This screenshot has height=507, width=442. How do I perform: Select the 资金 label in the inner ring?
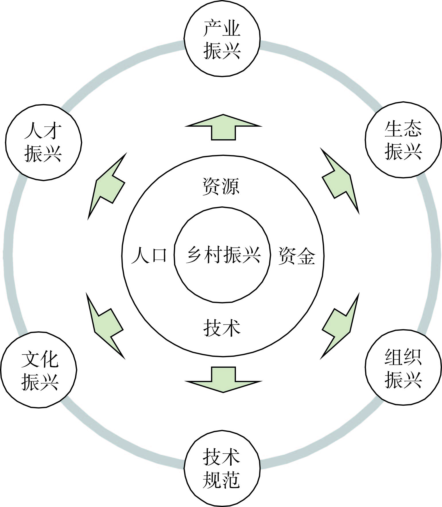297,255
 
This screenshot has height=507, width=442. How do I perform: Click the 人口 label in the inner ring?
149,255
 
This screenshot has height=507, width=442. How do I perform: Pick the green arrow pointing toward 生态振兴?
340,181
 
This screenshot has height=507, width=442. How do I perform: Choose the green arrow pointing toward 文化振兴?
105,326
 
